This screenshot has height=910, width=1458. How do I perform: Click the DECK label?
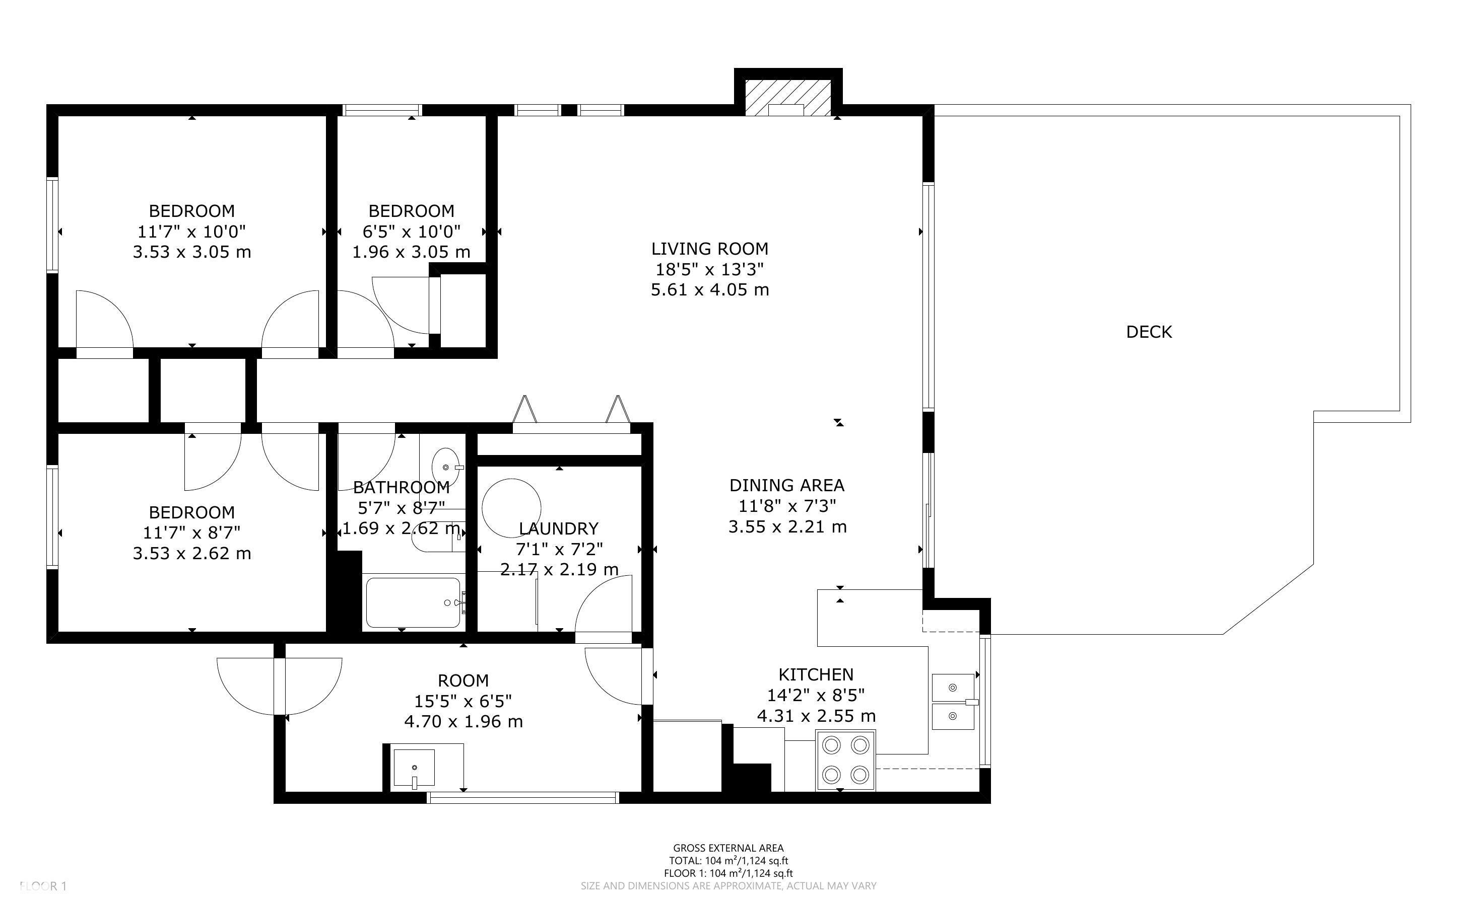pos(1149,332)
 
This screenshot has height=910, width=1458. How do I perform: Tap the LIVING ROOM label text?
pos(709,249)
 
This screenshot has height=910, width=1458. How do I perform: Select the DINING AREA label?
pos(786,485)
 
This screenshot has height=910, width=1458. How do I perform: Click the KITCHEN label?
pos(816,674)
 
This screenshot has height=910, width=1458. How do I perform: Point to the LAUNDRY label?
pos(558,528)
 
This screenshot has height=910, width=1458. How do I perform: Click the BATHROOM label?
pos(401,488)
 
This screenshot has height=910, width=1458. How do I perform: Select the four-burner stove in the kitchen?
pos(845,760)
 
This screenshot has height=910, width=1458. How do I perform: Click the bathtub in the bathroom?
pos(413,602)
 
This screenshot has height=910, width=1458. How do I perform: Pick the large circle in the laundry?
pos(511,508)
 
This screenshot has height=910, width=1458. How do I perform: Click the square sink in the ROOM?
pos(414,768)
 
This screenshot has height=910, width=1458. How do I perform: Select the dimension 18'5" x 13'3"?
pos(709,269)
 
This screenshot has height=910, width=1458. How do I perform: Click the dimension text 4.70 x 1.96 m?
pos(463,721)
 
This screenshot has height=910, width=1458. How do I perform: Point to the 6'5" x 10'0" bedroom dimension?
pos(411,231)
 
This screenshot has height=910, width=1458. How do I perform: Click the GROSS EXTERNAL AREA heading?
pos(728,849)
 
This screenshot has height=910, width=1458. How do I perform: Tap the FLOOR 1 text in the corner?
pos(43,886)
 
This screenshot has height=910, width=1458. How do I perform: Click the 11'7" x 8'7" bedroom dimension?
pos(191,533)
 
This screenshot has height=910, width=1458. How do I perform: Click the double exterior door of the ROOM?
pos(280,686)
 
